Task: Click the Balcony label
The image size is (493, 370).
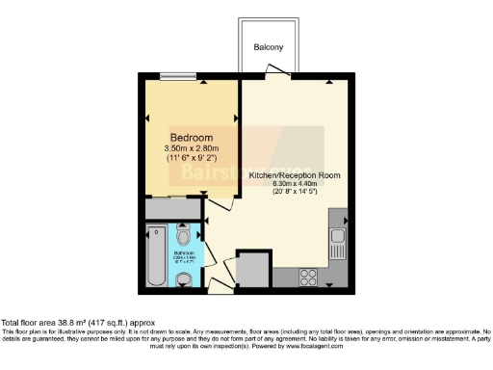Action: [268, 47]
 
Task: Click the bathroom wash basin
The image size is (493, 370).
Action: [185, 277]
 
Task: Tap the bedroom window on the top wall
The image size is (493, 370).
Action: [175, 77]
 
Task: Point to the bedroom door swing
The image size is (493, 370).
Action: [220, 203]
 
